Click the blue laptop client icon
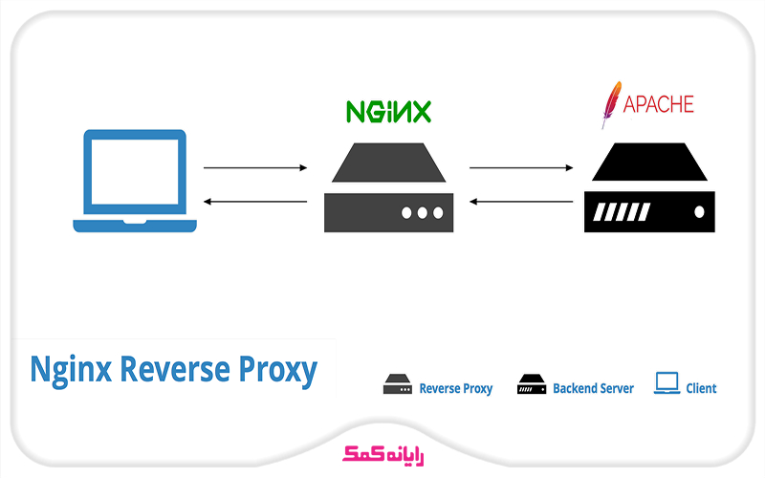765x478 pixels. click(135, 182)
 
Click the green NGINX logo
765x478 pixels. click(388, 111)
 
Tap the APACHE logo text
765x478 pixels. click(659, 104)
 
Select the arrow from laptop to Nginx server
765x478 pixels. click(254, 167)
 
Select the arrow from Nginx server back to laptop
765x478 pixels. click(254, 202)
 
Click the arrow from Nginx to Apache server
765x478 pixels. click(520, 167)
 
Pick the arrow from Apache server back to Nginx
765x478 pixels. click(520, 202)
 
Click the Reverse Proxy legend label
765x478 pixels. click(456, 389)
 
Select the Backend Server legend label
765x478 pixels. click(593, 389)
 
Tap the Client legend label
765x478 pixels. click(701, 389)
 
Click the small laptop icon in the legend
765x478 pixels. click(667, 384)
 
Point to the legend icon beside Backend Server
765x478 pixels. click(532, 385)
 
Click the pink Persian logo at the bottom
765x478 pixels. click(382, 452)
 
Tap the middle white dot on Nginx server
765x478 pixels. click(421, 212)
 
